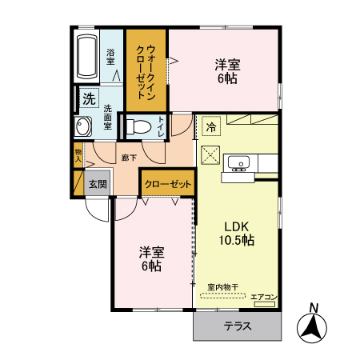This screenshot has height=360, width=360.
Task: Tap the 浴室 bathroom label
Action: [x=111, y=57]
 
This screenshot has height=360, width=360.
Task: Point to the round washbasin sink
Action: [x=84, y=126]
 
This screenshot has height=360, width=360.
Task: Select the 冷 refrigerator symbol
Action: [x=211, y=126]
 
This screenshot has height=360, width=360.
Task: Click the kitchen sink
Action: [x=238, y=164]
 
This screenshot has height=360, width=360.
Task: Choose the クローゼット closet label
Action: [x=168, y=184]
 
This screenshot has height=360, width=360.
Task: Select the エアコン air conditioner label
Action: [x=263, y=298]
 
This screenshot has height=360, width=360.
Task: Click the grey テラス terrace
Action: [x=238, y=326]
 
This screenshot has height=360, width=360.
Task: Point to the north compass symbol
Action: [x=314, y=324]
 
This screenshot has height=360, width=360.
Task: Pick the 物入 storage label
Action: [x=78, y=154]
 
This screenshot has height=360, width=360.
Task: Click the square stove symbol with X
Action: [x=211, y=155]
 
